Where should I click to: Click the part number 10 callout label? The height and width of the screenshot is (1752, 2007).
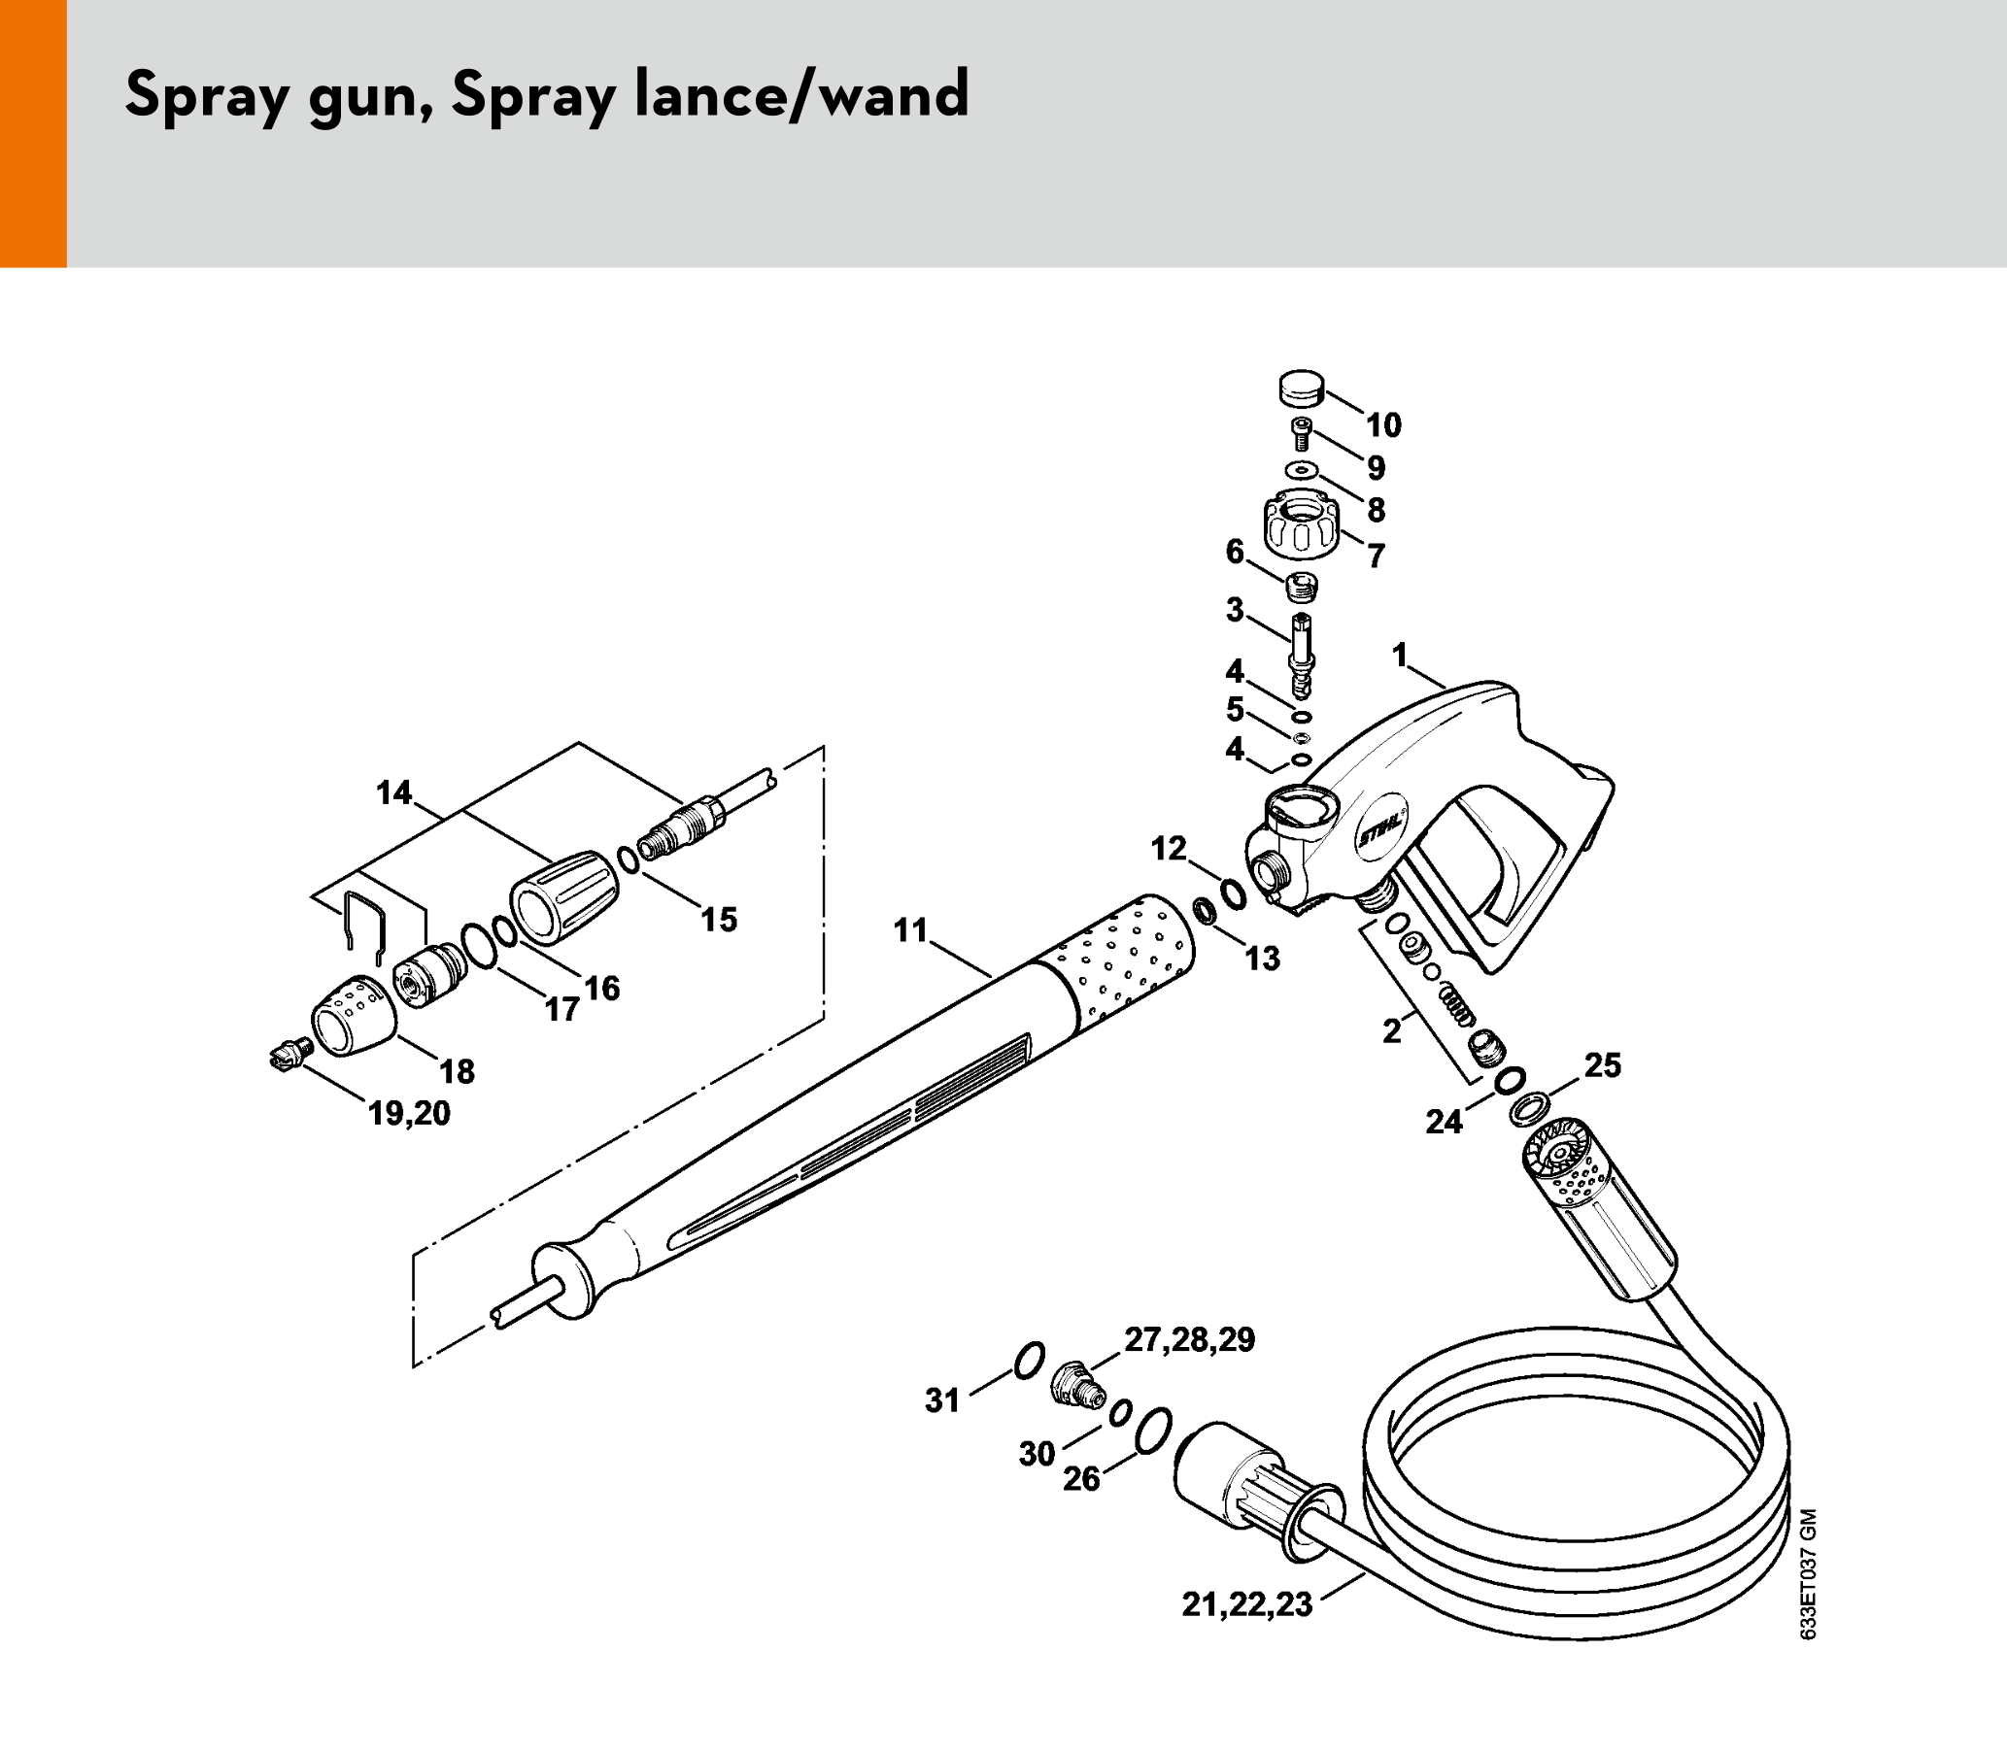pyautogui.click(x=1384, y=425)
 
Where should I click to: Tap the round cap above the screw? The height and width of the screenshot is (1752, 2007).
pyautogui.click(x=1301, y=387)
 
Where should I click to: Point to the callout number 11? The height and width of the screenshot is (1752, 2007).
pyautogui.click(x=910, y=929)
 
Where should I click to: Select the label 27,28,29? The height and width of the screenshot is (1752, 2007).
pyautogui.click(x=1189, y=1339)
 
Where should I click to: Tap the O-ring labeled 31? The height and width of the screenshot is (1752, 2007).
pyautogui.click(x=1029, y=1360)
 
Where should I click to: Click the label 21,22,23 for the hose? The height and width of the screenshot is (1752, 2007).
pyautogui.click(x=1247, y=1604)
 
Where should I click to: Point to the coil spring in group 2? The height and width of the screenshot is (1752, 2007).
pyautogui.click(x=1455, y=1004)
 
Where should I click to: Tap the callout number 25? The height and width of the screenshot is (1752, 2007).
pyautogui.click(x=1603, y=1064)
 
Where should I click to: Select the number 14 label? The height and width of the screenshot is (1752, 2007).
pyautogui.click(x=394, y=792)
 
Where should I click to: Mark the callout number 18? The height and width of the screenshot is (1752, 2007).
pyautogui.click(x=457, y=1071)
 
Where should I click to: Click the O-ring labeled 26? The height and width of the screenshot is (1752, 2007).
pyautogui.click(x=1155, y=1432)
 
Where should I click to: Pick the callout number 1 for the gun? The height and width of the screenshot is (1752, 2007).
pyautogui.click(x=1400, y=654)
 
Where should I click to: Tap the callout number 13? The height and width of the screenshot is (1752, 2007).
pyautogui.click(x=1263, y=960)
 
